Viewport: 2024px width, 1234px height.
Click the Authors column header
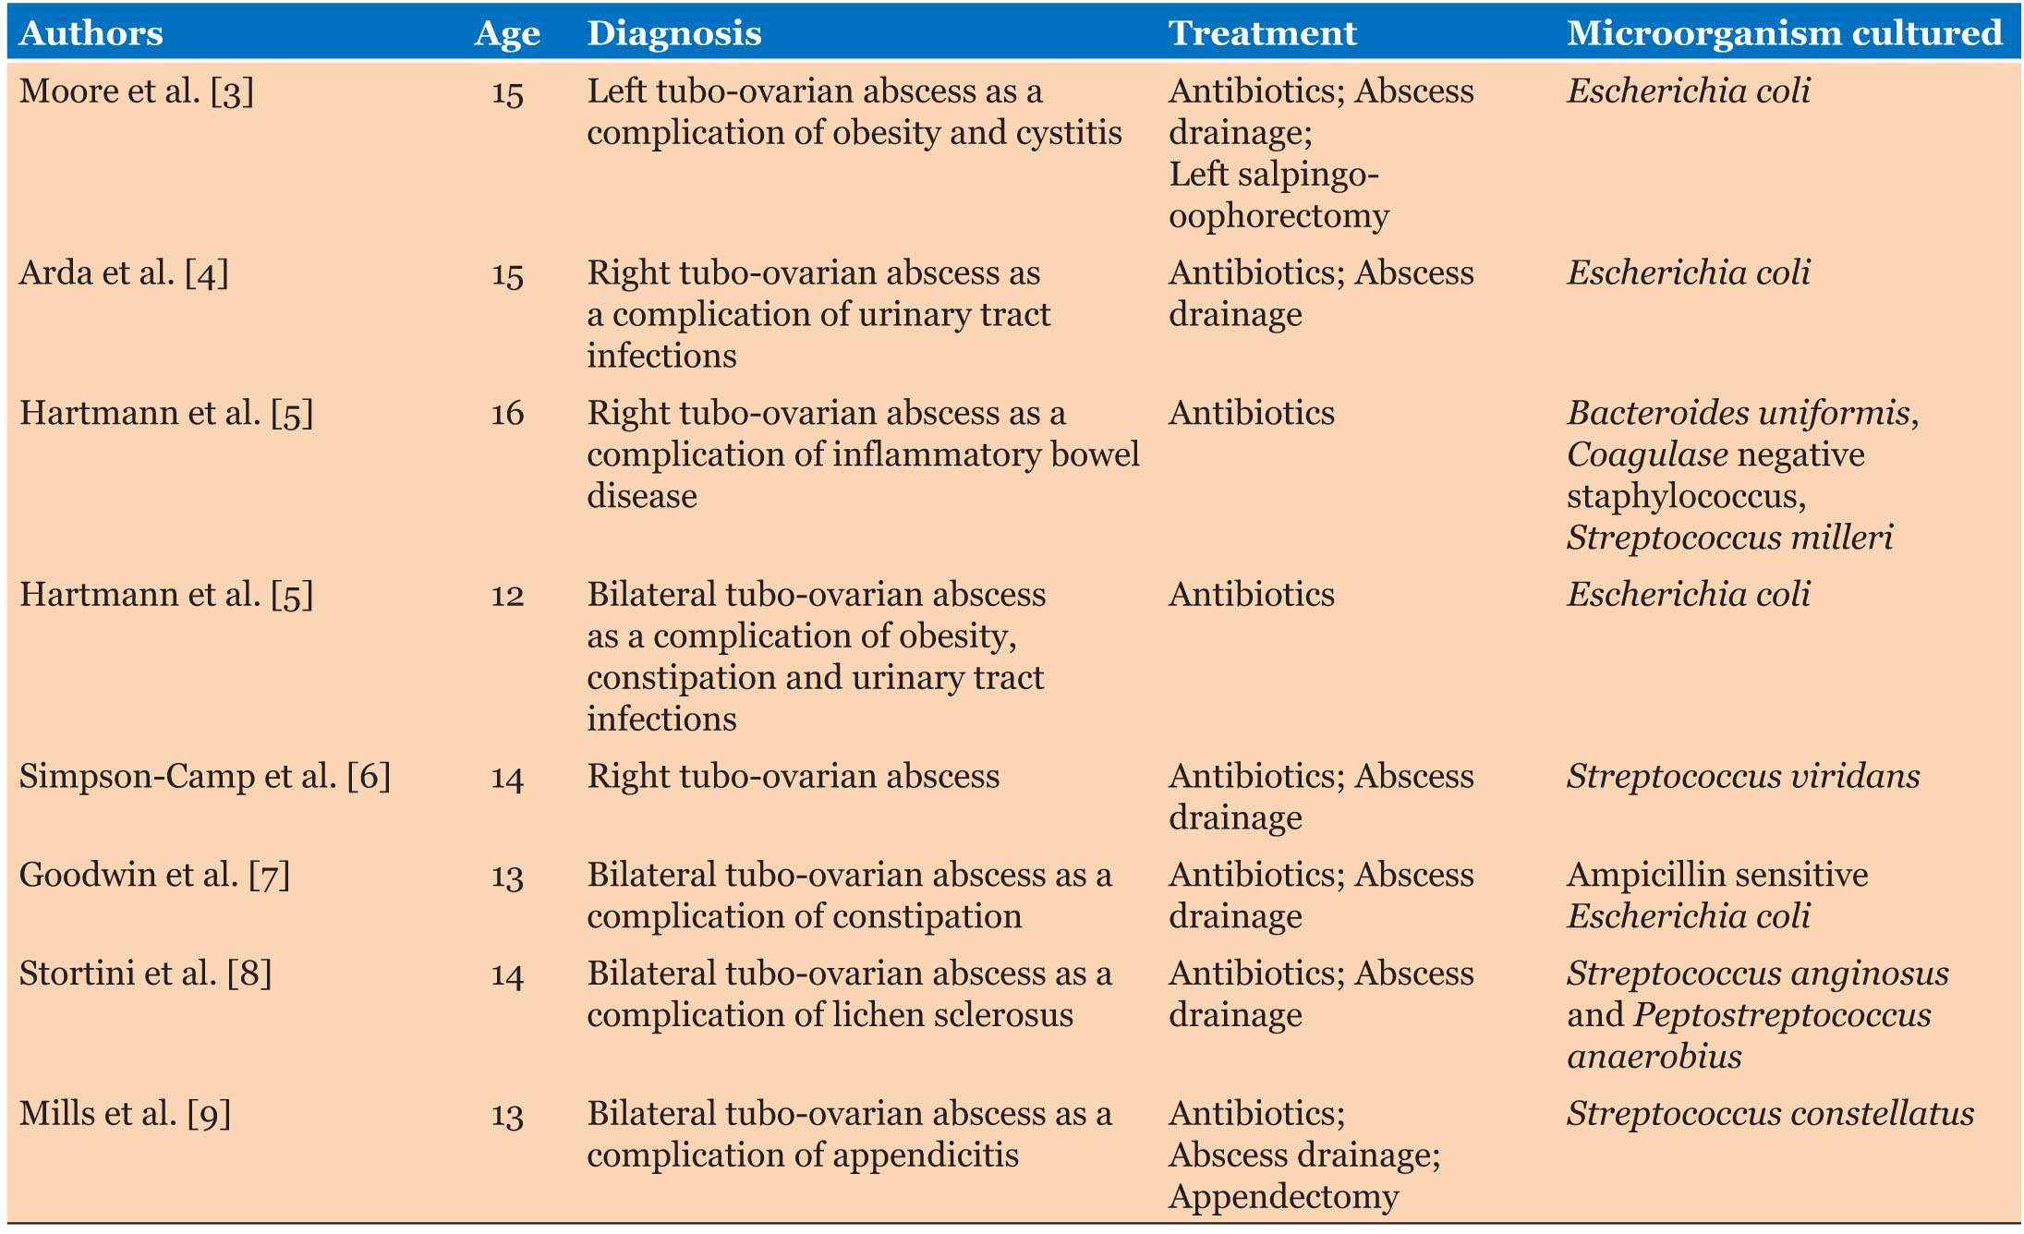(91, 34)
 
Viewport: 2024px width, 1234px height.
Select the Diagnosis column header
(674, 34)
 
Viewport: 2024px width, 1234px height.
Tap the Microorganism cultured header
(1784, 34)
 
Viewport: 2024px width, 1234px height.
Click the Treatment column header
(1262, 34)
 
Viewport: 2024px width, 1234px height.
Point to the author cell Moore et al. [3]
(136, 91)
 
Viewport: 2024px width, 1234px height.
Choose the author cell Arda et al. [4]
(124, 273)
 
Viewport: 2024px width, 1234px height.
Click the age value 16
(507, 413)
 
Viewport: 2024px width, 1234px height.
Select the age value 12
(507, 595)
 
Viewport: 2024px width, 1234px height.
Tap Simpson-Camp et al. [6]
(204, 777)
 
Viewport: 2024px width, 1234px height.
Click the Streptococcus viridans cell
(1743, 777)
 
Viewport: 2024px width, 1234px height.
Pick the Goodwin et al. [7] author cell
(154, 875)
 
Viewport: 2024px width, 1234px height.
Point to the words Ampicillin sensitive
(1717, 875)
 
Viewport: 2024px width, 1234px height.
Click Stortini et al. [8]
(145, 974)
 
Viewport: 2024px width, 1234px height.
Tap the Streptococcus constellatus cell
(1770, 1114)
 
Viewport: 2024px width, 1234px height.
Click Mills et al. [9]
(125, 1114)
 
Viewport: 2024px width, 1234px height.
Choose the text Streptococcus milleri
(1729, 538)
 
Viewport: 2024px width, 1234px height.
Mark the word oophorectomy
(1279, 216)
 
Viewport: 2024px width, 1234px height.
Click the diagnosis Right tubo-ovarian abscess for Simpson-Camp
(793, 777)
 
